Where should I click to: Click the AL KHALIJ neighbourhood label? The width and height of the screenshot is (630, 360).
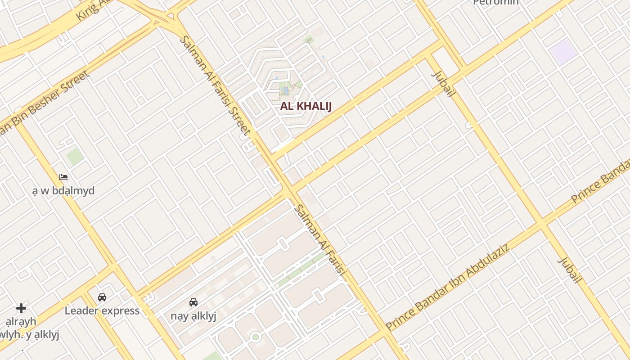306,106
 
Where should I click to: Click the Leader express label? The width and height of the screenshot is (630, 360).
102,310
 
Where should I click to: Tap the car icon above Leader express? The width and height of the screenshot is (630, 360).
102,297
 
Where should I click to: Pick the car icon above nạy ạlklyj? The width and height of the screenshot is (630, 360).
193,302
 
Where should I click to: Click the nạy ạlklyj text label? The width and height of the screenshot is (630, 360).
193,315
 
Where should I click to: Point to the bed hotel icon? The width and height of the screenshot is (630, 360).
63,177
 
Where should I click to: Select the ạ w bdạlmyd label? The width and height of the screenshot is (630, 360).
63,190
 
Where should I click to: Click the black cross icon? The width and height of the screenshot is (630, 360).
21,308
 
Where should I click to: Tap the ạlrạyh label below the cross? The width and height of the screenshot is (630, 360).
21,322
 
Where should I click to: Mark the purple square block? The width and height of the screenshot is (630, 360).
563,51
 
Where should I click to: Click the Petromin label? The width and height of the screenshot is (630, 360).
496,2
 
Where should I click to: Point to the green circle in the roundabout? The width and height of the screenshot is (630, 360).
256,337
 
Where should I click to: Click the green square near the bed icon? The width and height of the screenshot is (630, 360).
75,156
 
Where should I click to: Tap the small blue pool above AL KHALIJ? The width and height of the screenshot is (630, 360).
285,90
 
